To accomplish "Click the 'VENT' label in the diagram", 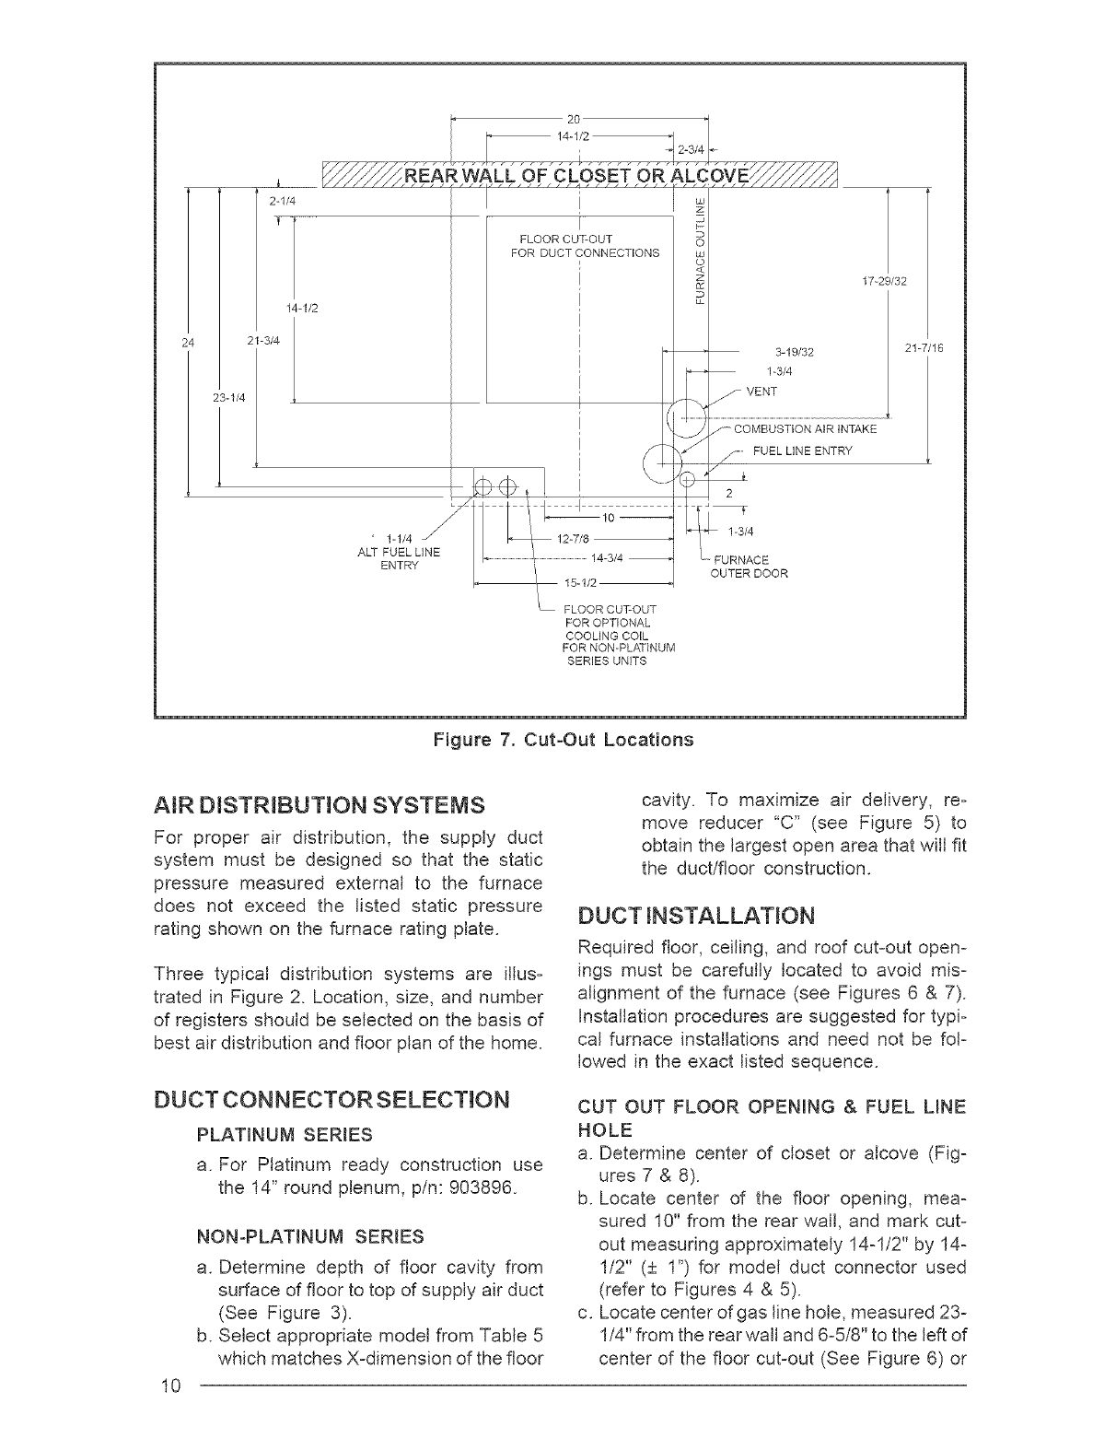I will pos(761,392).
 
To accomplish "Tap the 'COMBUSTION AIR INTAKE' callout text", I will pos(806,429).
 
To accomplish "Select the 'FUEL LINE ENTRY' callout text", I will pos(803,451).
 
